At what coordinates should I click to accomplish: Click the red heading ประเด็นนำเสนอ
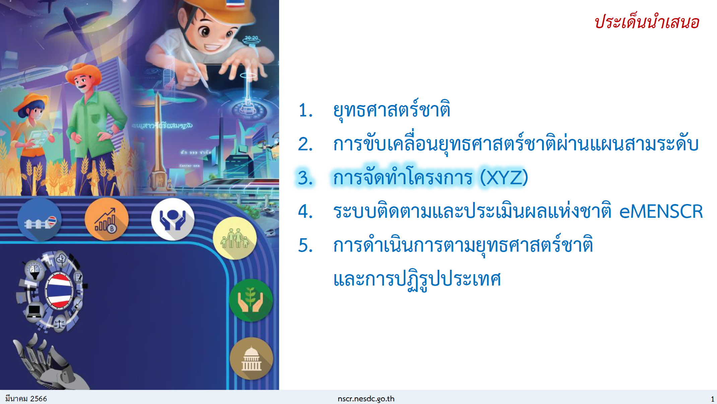(647, 22)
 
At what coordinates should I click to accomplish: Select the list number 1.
(305, 110)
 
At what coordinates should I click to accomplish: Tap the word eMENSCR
(661, 212)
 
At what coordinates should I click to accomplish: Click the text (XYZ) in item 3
(504, 178)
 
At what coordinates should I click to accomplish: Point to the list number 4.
(306, 212)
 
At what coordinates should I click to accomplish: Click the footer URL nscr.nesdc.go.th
(366, 399)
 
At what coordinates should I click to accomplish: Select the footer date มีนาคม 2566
(26, 399)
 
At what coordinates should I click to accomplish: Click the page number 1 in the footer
(712, 399)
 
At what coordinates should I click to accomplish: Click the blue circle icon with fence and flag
(40, 219)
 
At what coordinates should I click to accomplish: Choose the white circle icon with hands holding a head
(173, 219)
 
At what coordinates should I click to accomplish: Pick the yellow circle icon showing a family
(235, 238)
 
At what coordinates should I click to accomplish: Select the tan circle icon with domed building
(251, 359)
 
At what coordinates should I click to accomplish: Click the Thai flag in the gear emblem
(59, 290)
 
